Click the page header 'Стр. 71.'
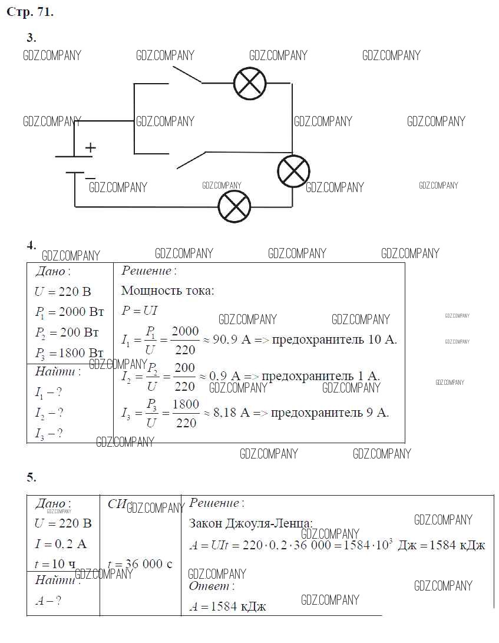click(29, 12)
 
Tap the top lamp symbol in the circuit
click(250, 83)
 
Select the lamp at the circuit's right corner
click(293, 172)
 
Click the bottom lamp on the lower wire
click(234, 207)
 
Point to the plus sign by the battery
click(90, 148)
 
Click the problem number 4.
click(31, 245)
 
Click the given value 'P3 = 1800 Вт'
click(69, 352)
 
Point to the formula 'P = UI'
click(140, 311)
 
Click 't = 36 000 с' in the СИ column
click(140, 563)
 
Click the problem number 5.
click(31, 477)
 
